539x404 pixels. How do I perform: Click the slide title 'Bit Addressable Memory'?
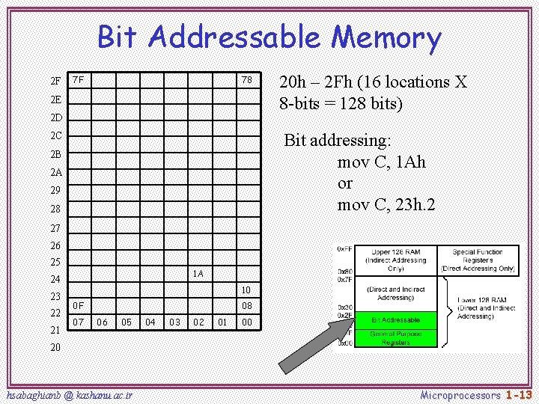pos(269,37)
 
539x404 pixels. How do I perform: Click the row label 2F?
pos(55,81)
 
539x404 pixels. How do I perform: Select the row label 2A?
pos(55,172)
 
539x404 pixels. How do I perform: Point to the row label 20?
pos(55,348)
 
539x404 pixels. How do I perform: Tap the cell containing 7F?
pos(78,80)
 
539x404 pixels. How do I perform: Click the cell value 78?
pos(246,80)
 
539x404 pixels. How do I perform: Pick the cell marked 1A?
pos(198,273)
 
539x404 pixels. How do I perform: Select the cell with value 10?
pos(246,290)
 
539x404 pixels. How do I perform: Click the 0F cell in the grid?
pos(78,306)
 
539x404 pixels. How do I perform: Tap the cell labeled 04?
pos(150,322)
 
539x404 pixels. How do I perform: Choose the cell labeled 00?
pos(246,322)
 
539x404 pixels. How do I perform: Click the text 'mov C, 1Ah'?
pos(382,162)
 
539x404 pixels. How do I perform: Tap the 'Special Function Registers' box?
pos(478,260)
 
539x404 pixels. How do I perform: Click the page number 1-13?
pos(518,394)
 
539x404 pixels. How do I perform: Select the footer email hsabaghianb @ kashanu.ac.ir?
pos(69,394)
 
